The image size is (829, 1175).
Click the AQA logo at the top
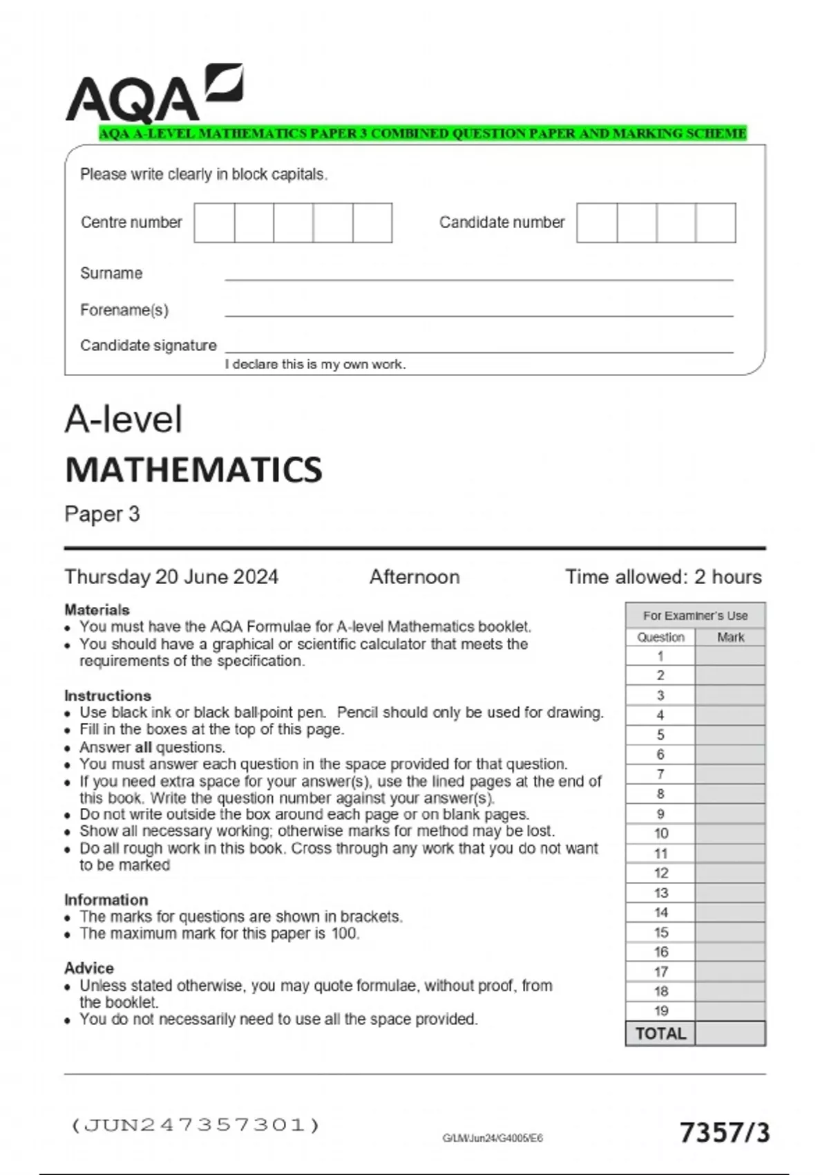[x=153, y=95]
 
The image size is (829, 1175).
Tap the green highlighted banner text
[x=422, y=133]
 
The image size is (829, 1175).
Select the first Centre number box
[x=214, y=223]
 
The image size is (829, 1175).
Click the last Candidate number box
[x=716, y=223]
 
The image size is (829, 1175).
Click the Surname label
[x=111, y=273]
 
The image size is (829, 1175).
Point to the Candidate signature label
[x=148, y=345]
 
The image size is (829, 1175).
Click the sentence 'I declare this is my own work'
[x=315, y=364]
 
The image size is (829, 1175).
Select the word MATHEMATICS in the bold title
[x=193, y=469]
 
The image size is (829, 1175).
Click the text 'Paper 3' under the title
[x=102, y=514]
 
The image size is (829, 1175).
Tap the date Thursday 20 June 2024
[x=171, y=576]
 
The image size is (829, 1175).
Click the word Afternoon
[x=414, y=576]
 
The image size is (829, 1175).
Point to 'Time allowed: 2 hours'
[x=663, y=576]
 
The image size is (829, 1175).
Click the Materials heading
[x=97, y=610]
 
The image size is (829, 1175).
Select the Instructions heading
[x=108, y=695]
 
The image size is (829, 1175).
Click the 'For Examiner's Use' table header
[x=695, y=615]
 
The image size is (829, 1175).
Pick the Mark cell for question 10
[x=730, y=834]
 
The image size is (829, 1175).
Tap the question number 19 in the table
[x=660, y=1010]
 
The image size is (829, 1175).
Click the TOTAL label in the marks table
[x=660, y=1033]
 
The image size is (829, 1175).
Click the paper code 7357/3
[x=724, y=1133]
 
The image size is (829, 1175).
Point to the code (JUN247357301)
[x=196, y=1125]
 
